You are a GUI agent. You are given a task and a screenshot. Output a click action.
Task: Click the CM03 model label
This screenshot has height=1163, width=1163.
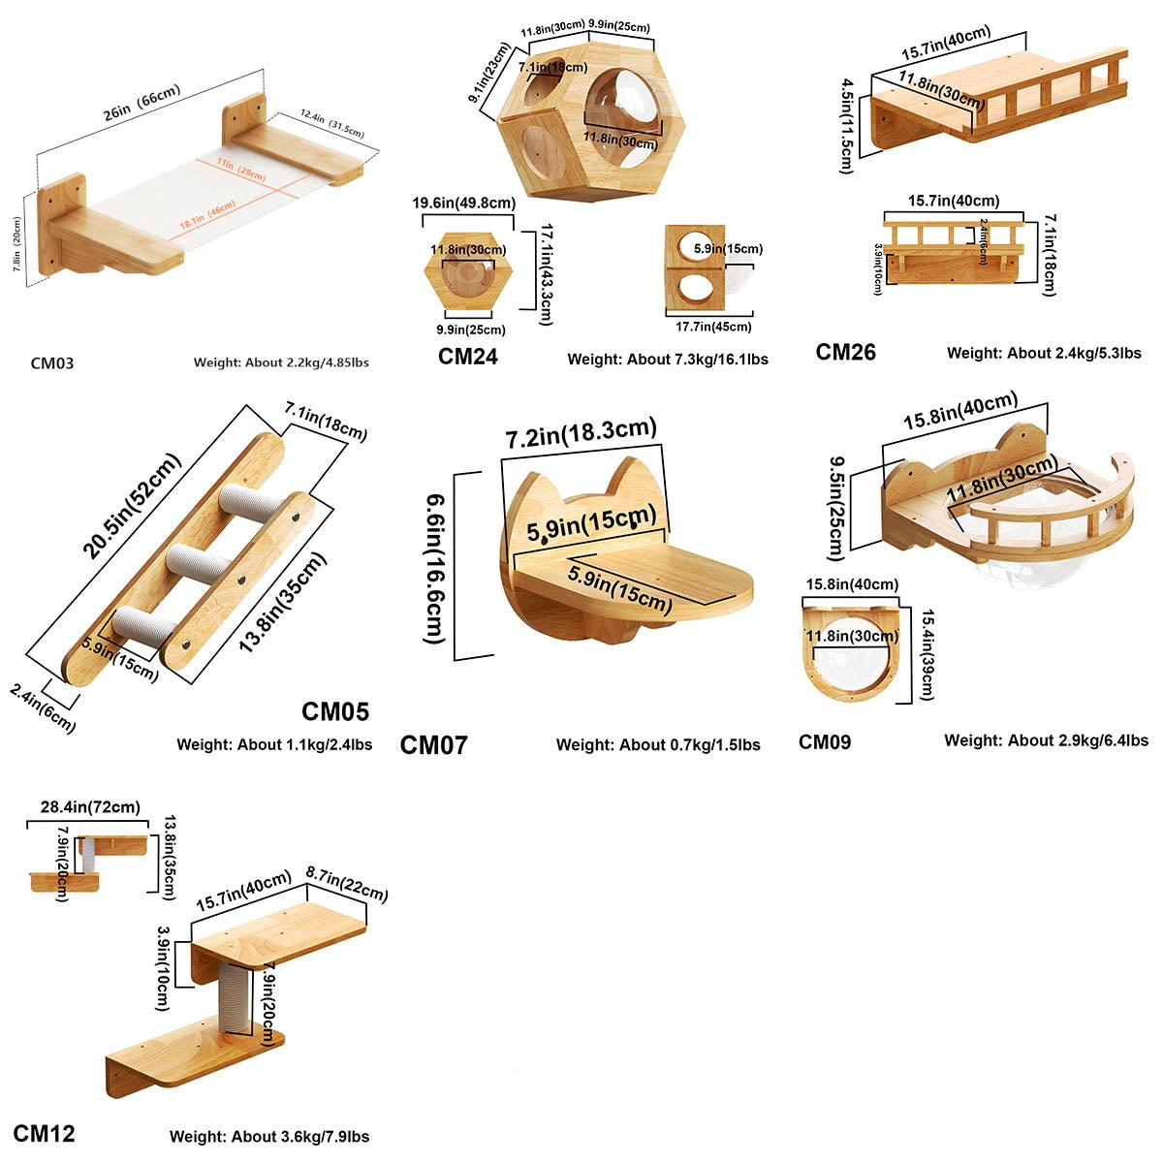click(x=51, y=363)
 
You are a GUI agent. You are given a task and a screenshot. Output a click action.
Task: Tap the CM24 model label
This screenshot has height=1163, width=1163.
click(x=468, y=357)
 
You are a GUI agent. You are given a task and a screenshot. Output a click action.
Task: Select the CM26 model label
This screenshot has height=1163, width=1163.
click(x=845, y=352)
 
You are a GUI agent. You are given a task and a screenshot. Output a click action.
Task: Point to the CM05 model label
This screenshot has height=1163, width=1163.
click(x=335, y=711)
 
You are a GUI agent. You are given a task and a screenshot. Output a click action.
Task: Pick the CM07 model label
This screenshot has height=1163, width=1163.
click(x=433, y=744)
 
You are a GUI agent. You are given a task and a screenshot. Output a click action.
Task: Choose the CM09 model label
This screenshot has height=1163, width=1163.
click(x=825, y=741)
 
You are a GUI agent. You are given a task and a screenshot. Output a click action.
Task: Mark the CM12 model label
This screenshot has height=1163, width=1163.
click(x=44, y=1133)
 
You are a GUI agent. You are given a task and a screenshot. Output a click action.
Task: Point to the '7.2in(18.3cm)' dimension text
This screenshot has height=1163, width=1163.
click(x=581, y=433)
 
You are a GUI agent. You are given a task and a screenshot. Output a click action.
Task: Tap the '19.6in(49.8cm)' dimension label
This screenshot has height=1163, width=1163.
click(x=463, y=204)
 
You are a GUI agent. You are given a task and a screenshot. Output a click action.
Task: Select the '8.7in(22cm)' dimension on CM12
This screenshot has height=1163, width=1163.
click(x=346, y=882)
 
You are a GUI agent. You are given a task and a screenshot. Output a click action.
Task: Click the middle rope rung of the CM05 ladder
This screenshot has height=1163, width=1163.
click(x=200, y=560)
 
